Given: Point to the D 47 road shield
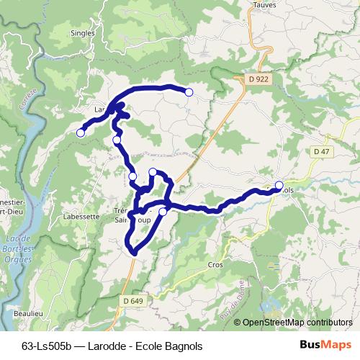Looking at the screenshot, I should click(321, 151).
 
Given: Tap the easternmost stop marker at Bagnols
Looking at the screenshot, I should click(279, 185).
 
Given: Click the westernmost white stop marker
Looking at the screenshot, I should click(81, 132).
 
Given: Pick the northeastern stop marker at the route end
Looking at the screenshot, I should click(189, 92).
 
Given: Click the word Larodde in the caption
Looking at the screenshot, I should click(106, 346).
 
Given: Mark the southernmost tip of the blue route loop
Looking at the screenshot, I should click(135, 252).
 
